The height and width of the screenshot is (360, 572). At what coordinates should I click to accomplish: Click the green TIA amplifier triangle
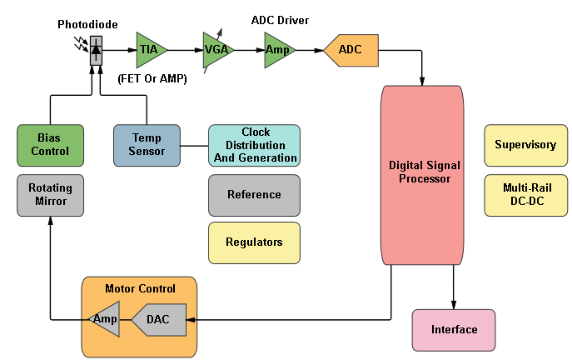click(149, 50)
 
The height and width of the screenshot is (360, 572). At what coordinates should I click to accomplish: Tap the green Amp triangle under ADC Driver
click(278, 50)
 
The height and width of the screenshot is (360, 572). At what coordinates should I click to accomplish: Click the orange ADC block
click(351, 50)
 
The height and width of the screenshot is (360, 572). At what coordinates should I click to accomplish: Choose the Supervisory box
click(525, 145)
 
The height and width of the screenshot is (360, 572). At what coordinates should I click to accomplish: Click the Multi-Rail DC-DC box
click(525, 193)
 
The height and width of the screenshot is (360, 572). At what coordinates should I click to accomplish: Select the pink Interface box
click(454, 330)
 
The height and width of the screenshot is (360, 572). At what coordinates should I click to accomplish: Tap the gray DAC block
click(159, 319)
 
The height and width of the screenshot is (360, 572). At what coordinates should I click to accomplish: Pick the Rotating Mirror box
click(50, 194)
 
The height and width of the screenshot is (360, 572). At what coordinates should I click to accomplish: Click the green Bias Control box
click(50, 145)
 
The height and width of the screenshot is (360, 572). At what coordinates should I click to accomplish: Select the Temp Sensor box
click(147, 145)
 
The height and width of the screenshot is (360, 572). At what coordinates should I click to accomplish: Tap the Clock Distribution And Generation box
click(254, 145)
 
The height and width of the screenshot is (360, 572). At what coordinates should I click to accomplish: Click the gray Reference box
click(254, 194)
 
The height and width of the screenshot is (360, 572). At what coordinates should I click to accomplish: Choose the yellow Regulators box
click(254, 242)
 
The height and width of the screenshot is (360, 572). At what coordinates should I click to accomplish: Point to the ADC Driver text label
click(280, 19)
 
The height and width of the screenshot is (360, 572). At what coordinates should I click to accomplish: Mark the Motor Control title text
click(140, 289)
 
